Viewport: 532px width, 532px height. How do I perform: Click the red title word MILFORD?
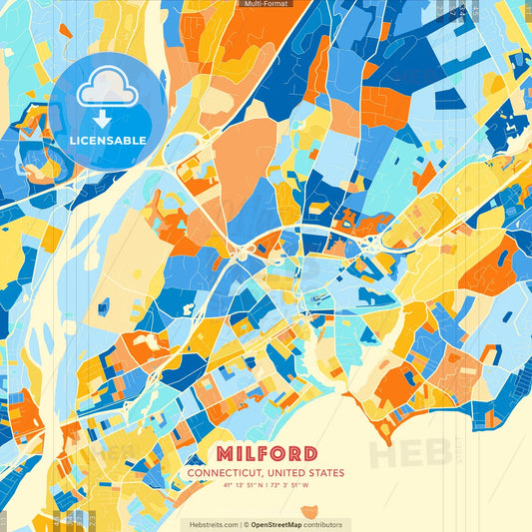(266, 454)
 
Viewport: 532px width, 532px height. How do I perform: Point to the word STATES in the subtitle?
(326, 473)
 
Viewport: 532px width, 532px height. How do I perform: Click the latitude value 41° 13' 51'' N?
(243, 486)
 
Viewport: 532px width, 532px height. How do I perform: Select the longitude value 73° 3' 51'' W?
(290, 486)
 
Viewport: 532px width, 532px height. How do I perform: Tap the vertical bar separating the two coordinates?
(266, 486)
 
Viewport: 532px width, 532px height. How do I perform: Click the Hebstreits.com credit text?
(213, 524)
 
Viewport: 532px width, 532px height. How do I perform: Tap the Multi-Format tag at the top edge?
(266, 4)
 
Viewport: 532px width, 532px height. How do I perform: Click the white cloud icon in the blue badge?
(107, 88)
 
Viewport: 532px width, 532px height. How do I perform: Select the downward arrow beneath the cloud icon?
(107, 117)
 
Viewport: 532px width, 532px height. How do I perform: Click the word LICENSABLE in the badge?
(107, 140)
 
